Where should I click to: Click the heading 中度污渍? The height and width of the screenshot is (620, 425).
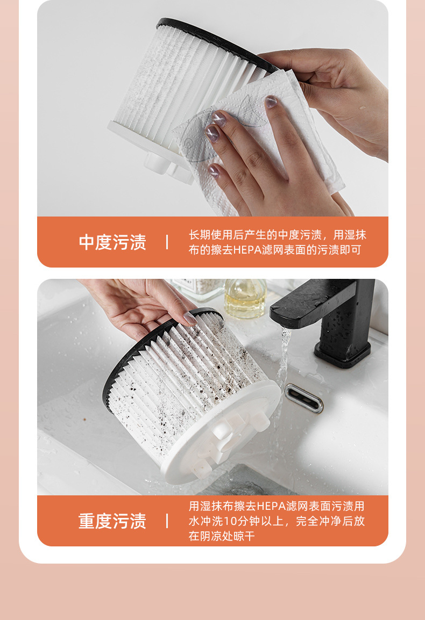click(112, 242)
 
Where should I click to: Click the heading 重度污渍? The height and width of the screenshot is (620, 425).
click(112, 521)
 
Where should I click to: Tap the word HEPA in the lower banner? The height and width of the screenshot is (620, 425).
click(271, 506)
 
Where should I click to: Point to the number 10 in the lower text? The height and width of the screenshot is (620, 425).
click(230, 521)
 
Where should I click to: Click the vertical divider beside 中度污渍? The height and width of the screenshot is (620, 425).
click(167, 242)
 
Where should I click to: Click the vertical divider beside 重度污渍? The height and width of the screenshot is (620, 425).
click(167, 521)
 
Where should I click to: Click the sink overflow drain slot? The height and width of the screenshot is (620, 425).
click(304, 398)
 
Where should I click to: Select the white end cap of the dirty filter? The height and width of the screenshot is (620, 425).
click(226, 435)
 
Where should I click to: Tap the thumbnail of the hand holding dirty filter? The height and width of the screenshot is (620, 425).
click(189, 319)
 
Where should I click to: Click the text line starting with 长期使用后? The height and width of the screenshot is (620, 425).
click(277, 235)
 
